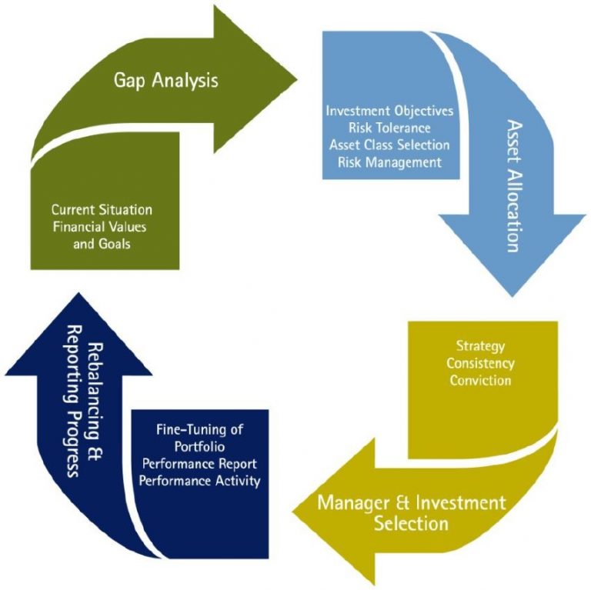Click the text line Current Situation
click(x=102, y=209)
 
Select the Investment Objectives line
click(x=389, y=111)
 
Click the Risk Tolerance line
click(x=389, y=128)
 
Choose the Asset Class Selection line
click(x=389, y=145)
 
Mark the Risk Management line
click(x=389, y=162)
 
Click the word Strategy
click(x=481, y=347)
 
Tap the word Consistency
click(x=481, y=363)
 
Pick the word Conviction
click(x=481, y=379)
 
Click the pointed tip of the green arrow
click(x=297, y=75)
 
